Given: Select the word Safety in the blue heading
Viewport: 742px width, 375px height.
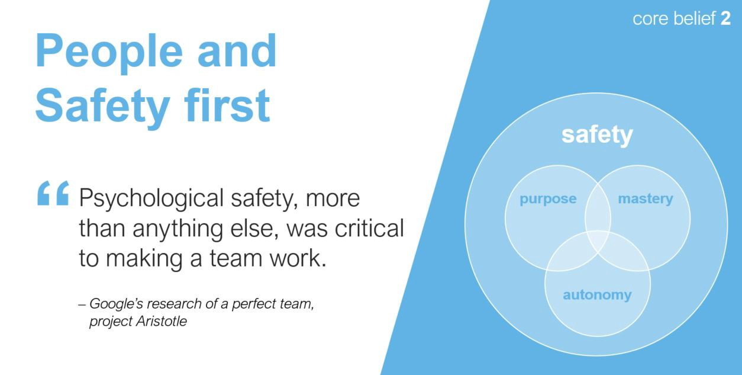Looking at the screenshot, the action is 103,108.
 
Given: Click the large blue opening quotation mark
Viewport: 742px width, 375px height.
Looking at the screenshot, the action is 53,193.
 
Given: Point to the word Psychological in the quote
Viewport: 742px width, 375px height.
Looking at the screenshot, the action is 151,199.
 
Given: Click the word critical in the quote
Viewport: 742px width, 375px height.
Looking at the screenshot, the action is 369,228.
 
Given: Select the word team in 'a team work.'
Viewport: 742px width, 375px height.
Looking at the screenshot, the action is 236,258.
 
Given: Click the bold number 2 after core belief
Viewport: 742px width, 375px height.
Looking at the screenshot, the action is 725,18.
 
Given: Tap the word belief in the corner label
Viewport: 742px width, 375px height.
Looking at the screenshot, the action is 694,18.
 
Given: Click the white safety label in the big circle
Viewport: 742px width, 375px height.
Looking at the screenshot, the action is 597,135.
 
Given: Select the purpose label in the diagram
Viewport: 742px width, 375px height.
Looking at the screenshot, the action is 548,199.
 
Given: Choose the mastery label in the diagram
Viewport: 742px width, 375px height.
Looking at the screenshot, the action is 646,199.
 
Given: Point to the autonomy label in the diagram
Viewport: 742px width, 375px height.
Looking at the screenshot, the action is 597,295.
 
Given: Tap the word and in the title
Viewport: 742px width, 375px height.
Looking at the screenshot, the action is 237,52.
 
